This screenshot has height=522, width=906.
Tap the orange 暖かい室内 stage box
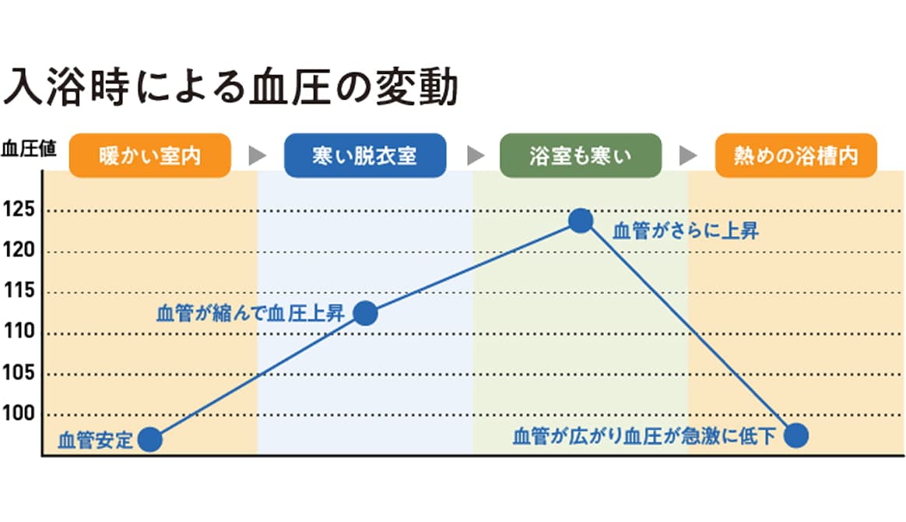click(x=150, y=156)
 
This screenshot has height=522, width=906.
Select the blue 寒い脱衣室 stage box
click(x=365, y=156)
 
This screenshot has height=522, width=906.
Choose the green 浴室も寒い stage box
click(x=581, y=156)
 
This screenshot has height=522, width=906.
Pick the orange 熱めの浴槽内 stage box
click(x=795, y=156)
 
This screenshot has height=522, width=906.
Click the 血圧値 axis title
click(x=28, y=149)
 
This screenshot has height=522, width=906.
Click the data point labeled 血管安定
click(x=150, y=440)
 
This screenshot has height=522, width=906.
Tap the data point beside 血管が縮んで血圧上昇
click(x=365, y=313)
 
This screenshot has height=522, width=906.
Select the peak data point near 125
click(x=581, y=220)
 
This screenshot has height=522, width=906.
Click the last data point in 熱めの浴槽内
click(x=795, y=436)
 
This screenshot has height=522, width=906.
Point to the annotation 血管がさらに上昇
click(x=686, y=231)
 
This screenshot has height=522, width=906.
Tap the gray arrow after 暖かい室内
click(x=258, y=156)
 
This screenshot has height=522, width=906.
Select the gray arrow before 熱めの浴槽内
click(x=688, y=156)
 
